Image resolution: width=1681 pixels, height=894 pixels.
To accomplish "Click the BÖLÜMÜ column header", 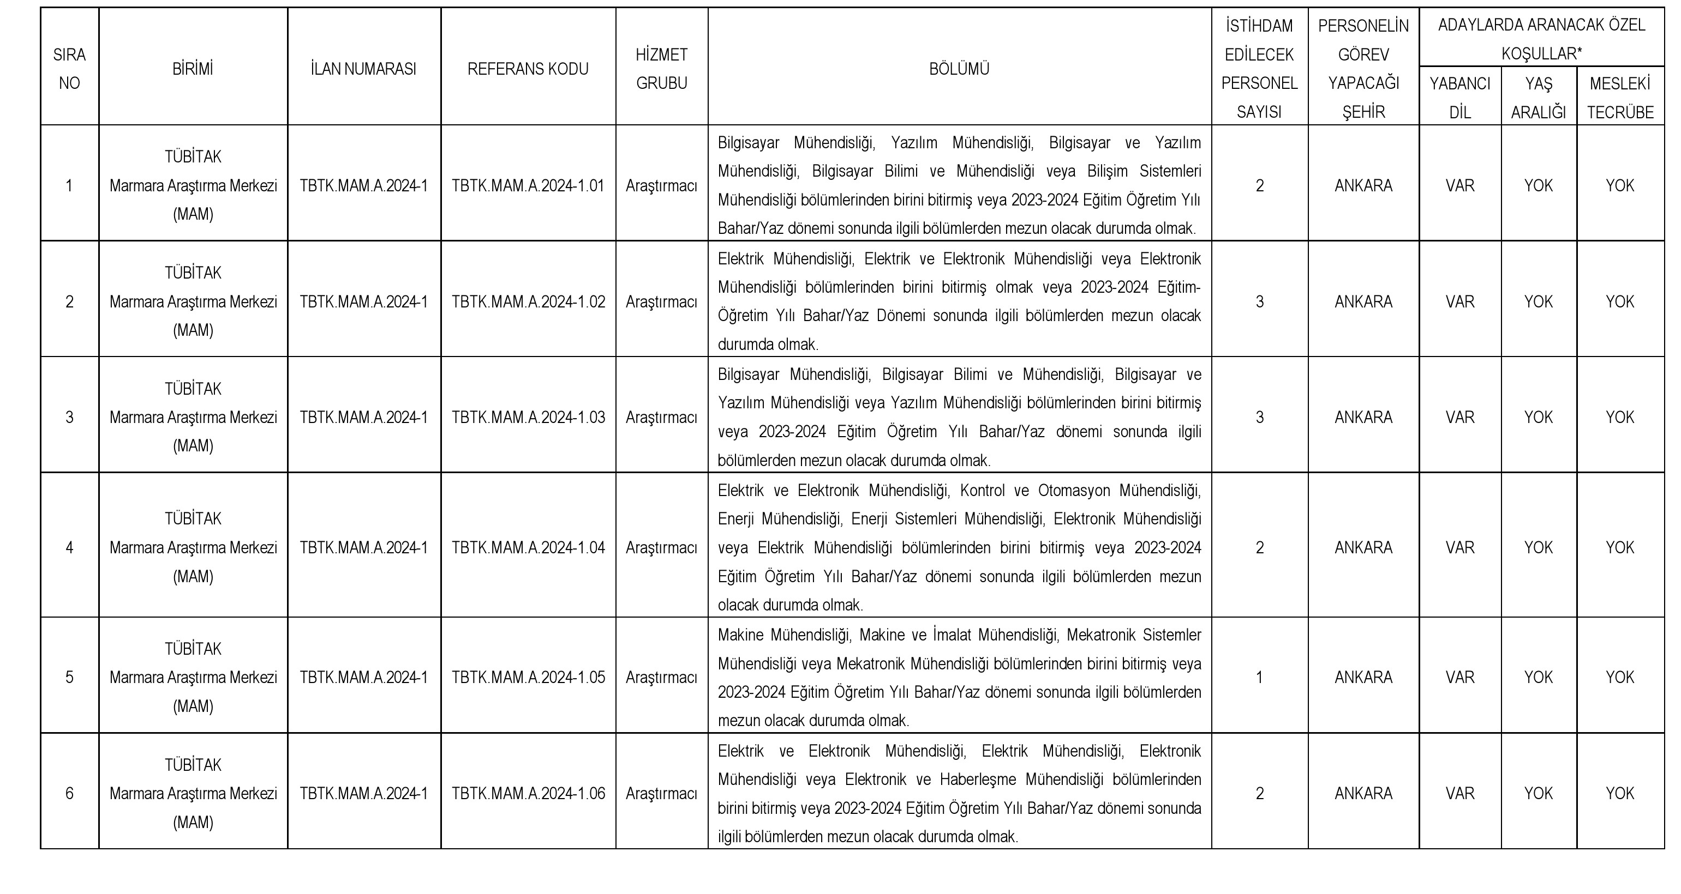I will coord(959,69).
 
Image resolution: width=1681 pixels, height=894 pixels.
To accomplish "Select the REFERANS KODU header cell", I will coord(528,69).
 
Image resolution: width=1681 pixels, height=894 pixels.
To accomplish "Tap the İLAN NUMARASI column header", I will coord(363,69).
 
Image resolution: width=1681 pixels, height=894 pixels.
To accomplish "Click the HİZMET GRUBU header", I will coord(661,69).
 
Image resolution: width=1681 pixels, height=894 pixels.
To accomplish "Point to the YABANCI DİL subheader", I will coord(1460,98).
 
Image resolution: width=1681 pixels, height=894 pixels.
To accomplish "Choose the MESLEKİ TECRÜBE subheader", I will coord(1620,98).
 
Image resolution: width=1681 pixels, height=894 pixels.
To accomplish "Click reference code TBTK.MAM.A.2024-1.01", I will coord(528,186).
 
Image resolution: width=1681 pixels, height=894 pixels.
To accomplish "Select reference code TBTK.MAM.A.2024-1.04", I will coord(528,548).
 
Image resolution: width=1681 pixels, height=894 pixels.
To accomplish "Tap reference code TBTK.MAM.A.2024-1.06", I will coord(528,794).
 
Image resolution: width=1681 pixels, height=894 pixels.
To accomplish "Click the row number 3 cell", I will coord(69,418).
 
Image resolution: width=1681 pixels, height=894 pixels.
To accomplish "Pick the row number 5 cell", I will coord(69,678).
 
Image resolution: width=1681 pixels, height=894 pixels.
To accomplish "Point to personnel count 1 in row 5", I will coord(1259,678).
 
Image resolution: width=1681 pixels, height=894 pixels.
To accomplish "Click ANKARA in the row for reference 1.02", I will coord(1363,302).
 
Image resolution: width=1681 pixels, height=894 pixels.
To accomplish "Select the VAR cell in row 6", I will coord(1460,794).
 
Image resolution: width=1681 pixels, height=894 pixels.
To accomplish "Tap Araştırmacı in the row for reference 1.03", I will coord(661,418).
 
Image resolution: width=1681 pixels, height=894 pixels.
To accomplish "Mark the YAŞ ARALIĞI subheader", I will coord(1538,98).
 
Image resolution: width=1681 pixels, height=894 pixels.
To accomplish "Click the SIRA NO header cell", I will coord(69,69).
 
